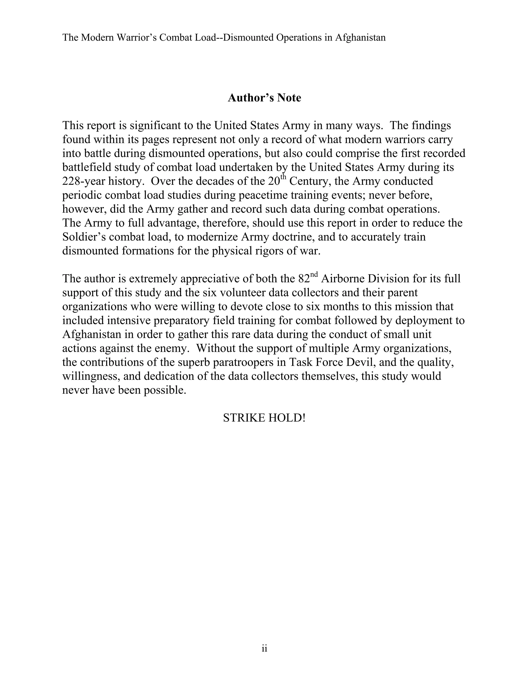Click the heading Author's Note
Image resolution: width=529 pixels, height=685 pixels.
pyautogui.click(x=264, y=98)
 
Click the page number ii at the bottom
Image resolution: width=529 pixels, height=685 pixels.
pyautogui.click(x=264, y=648)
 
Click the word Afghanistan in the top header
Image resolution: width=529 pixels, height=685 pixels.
pyautogui.click(x=360, y=38)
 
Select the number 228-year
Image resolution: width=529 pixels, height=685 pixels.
pyautogui.click(x=83, y=181)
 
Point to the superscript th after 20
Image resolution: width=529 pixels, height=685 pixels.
pyautogui.click(x=283, y=178)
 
